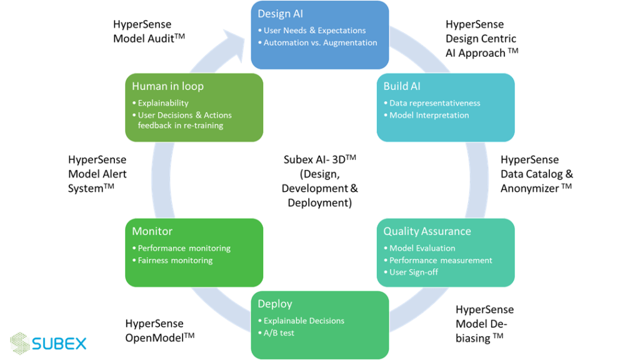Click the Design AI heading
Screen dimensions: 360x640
280,14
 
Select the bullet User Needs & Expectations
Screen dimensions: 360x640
314,30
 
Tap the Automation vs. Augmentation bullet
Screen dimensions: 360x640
320,42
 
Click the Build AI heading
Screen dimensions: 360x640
401,86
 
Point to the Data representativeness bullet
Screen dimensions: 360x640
434,102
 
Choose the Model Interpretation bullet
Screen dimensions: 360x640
429,115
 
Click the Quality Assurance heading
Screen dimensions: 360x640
427,231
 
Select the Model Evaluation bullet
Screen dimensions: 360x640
422,248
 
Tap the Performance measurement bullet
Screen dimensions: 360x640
441,260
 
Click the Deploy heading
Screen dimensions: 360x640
275,304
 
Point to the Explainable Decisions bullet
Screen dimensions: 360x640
304,321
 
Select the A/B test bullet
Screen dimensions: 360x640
279,332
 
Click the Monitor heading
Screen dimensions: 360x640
152,231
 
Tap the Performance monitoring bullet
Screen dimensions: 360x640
184,248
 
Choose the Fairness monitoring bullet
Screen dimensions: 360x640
175,260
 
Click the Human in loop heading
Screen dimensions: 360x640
167,86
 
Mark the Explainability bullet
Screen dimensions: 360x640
162,102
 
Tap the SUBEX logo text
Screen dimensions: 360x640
59,343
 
